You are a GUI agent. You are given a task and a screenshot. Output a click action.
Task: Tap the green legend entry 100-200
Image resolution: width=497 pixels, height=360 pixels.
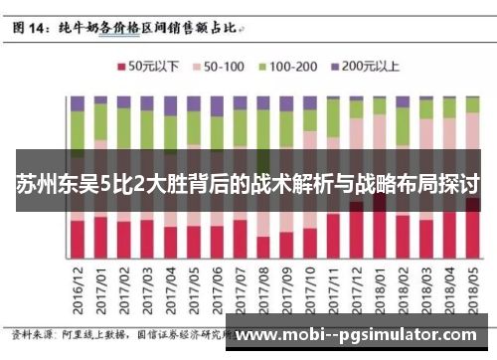coord(287,67)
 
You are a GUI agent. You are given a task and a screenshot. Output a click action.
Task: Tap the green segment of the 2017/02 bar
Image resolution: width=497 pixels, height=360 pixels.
coord(124,125)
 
